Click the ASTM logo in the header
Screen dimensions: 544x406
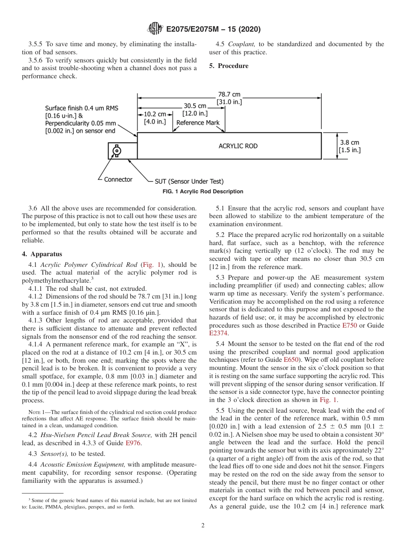point(155,29)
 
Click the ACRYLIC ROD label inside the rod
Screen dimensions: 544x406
point(238,146)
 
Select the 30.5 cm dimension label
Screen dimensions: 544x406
point(195,106)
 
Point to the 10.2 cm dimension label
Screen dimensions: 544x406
point(155,114)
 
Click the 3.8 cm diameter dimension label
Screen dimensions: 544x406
point(349,142)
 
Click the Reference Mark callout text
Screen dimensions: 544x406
point(197,122)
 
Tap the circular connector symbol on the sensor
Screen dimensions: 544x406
point(116,151)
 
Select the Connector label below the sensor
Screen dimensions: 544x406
point(118,180)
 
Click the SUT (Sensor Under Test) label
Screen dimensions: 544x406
point(188,181)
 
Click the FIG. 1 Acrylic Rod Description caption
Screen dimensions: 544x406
point(203,192)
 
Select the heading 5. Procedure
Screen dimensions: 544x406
point(229,66)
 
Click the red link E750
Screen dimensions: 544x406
point(350,325)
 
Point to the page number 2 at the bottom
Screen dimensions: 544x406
point(203,526)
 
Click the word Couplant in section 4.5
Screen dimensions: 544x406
point(241,44)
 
